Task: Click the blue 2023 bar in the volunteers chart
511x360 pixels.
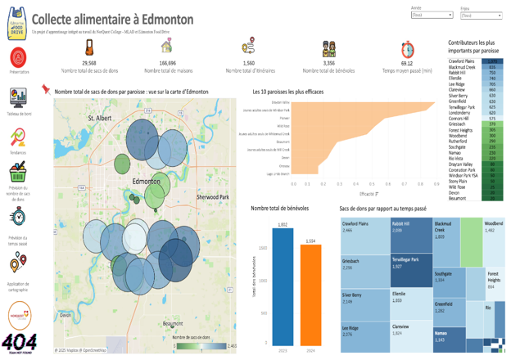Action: pyautogui.click(x=283, y=286)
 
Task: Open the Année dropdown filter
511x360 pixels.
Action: pyautogui.click(x=432, y=15)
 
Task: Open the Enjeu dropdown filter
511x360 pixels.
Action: pyautogui.click(x=481, y=15)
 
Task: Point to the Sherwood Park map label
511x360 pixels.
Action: pyautogui.click(x=213, y=197)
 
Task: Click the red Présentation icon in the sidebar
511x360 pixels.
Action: pyautogui.click(x=18, y=57)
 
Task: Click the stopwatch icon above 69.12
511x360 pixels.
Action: pyautogui.click(x=407, y=48)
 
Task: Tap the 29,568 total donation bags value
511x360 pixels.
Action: pyautogui.click(x=89, y=63)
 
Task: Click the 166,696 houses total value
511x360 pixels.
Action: pyautogui.click(x=167, y=63)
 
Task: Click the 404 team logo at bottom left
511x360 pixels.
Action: pyautogui.click(x=18, y=342)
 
